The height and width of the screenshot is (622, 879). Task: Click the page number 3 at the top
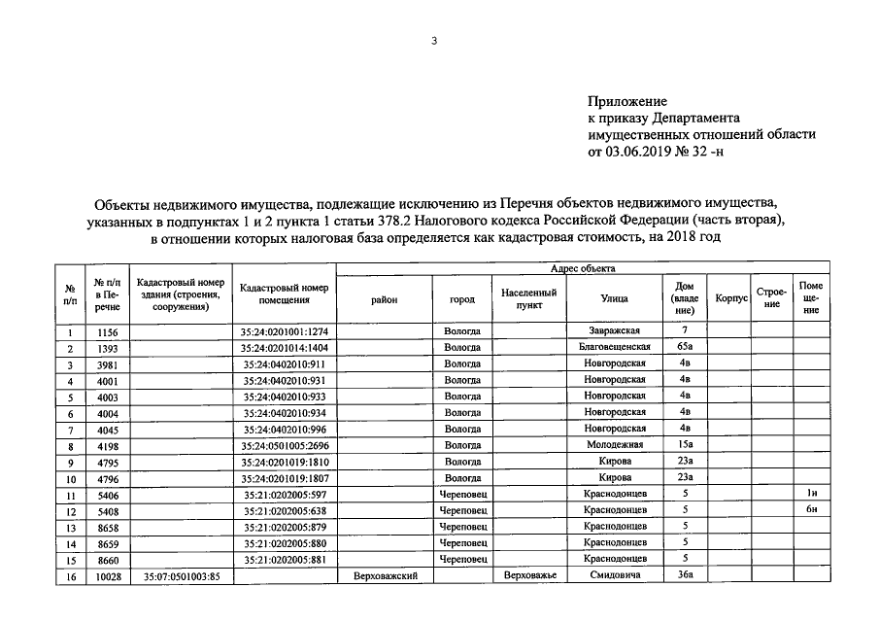pyautogui.click(x=435, y=41)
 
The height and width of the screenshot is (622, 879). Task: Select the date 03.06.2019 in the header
pyautogui.click(x=643, y=151)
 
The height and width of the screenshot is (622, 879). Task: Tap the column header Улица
pyautogui.click(x=614, y=299)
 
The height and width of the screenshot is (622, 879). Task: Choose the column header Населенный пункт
pyautogui.click(x=528, y=298)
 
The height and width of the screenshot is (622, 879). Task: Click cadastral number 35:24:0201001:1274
pyautogui.click(x=284, y=331)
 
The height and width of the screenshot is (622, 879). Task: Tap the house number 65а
pyautogui.click(x=685, y=347)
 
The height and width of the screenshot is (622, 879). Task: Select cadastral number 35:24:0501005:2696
pyautogui.click(x=284, y=445)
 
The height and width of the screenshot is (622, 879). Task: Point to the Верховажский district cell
pyautogui.click(x=386, y=576)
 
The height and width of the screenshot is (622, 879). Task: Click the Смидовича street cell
pyautogui.click(x=614, y=576)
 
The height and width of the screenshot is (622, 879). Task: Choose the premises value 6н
pyautogui.click(x=811, y=510)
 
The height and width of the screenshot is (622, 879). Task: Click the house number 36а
pyautogui.click(x=685, y=576)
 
